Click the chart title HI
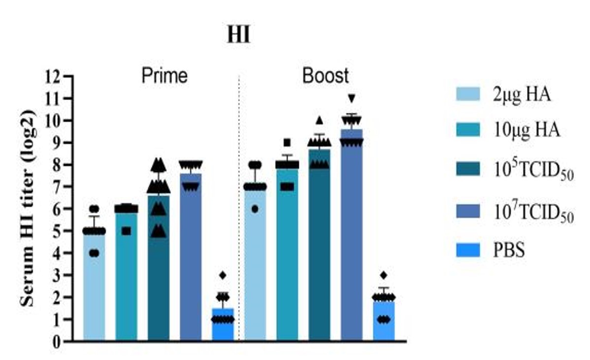(238, 35)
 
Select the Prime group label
(164, 76)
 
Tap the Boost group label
(326, 76)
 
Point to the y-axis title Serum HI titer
(27, 208)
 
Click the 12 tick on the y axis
(52, 76)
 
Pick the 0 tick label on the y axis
(56, 342)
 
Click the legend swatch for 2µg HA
(468, 94)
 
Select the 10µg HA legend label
(526, 130)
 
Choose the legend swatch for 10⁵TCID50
(468, 169)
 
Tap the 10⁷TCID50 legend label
(533, 212)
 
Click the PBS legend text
(509, 250)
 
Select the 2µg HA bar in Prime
(94, 288)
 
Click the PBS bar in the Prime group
(223, 325)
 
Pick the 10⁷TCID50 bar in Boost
(352, 235)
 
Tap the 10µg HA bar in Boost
(287, 255)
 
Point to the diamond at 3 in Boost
(384, 275)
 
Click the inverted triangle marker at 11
(352, 98)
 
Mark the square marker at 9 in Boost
(287, 142)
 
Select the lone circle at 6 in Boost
(255, 209)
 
